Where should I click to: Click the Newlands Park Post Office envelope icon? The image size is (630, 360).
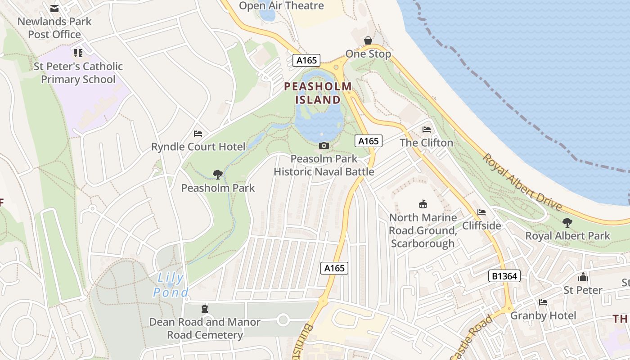[54, 9]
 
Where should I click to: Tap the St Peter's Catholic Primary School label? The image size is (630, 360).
[78, 73]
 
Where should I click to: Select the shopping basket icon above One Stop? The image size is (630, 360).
[368, 41]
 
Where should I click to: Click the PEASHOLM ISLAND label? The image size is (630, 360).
[318, 93]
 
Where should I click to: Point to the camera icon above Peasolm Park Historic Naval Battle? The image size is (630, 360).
[324, 145]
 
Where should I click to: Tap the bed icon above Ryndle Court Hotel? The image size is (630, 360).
[198, 134]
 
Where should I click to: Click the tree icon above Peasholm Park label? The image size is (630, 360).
[218, 175]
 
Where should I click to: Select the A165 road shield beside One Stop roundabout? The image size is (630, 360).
[306, 60]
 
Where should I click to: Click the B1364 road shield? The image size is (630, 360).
[504, 276]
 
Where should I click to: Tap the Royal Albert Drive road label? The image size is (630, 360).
[522, 182]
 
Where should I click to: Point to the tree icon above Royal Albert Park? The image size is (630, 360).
[567, 222]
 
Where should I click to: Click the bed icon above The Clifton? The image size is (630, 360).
[427, 130]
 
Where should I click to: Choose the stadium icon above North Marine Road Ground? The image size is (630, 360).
[423, 204]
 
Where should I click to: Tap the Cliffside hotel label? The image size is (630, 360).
[481, 225]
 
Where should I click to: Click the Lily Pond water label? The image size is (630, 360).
[171, 285]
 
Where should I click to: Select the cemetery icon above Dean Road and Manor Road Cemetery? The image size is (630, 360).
[205, 309]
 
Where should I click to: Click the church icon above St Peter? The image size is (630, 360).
[583, 277]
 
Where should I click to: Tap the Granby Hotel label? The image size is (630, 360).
[543, 315]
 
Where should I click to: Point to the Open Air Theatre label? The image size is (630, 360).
[281, 6]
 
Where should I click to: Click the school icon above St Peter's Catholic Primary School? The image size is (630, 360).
[78, 53]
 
